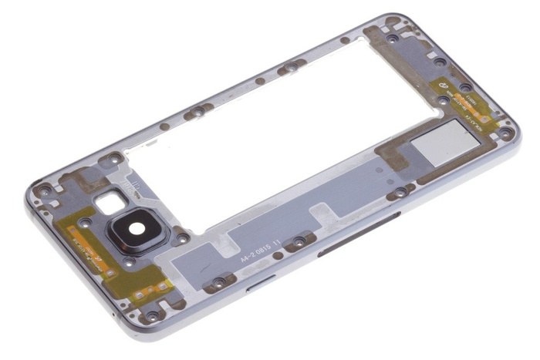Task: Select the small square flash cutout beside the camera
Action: [110, 203]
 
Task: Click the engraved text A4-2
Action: [250, 260]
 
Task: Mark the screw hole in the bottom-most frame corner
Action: [153, 316]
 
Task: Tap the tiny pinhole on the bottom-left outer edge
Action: [113, 317]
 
